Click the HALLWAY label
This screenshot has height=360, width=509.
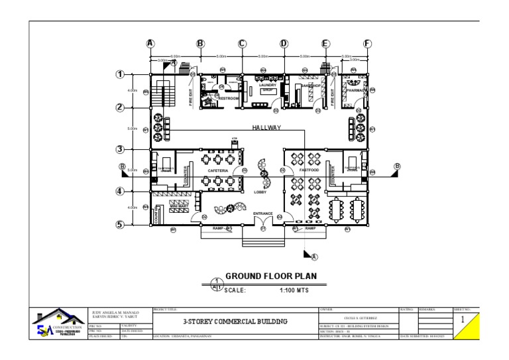click(x=266, y=127)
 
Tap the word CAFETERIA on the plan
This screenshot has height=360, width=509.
click(x=218, y=171)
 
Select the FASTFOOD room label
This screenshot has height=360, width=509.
click(x=309, y=171)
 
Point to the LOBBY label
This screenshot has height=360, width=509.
click(x=260, y=192)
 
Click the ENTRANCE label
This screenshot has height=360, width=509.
click(x=263, y=213)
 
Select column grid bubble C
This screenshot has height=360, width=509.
click(x=242, y=44)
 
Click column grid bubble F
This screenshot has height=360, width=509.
click(x=367, y=44)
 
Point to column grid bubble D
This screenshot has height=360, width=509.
click(x=284, y=44)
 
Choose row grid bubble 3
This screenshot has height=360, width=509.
click(x=120, y=149)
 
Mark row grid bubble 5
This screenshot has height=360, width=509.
click(x=120, y=225)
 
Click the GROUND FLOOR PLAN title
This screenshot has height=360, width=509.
click(x=271, y=276)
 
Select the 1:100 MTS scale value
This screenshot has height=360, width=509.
click(x=294, y=290)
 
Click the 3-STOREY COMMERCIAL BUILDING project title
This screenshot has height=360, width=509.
click(x=236, y=322)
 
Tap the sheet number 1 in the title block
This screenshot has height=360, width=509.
click(x=462, y=320)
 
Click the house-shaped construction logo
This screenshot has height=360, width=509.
click(x=60, y=323)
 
